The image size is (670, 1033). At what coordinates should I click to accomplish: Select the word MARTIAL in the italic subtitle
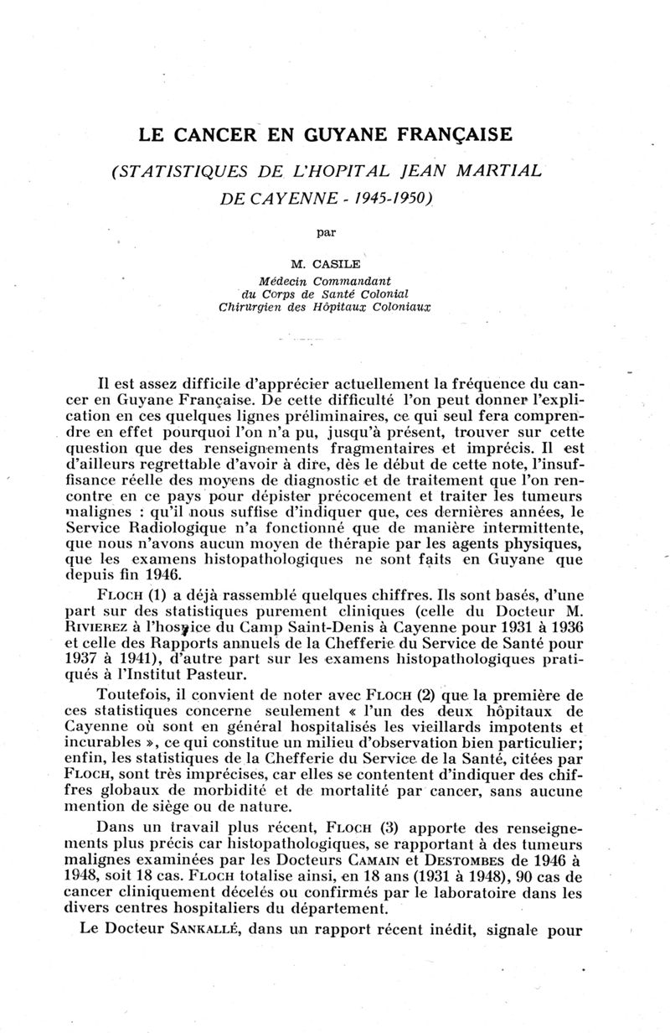(498, 173)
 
